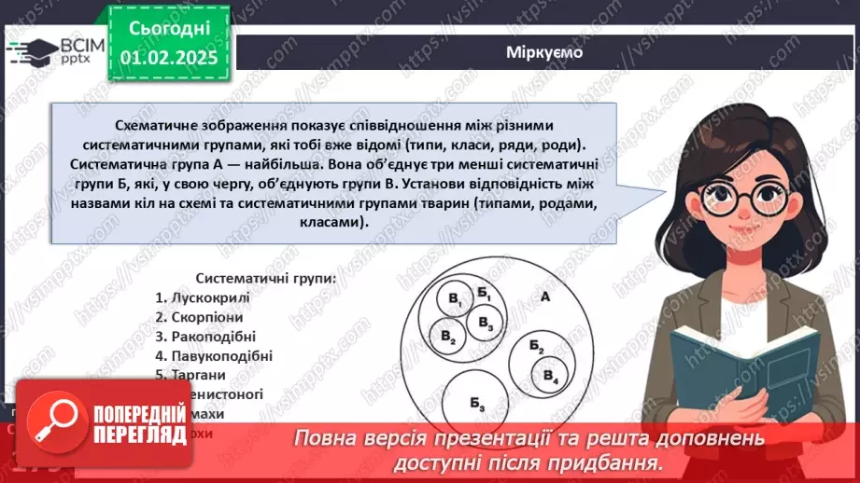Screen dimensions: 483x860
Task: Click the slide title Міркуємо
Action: (545, 52)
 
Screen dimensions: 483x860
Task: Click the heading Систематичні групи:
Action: (259, 278)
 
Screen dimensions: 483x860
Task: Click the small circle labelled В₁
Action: (455, 300)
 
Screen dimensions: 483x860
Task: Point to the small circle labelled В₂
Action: (448, 336)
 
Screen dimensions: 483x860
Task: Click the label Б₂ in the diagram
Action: (536, 347)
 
